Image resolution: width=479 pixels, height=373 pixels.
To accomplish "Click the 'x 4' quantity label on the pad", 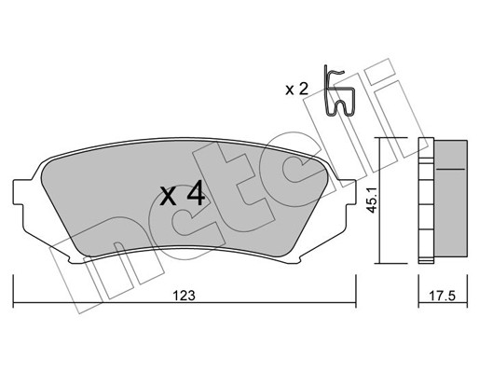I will tap(182, 194).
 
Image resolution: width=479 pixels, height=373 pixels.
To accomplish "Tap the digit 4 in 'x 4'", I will tap(195, 194).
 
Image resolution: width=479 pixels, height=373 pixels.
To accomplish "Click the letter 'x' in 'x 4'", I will tap(169, 196).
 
